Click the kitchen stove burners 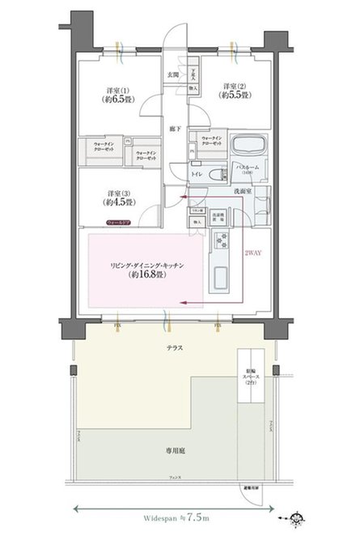coord(222,240)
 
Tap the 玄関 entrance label coord(172,74)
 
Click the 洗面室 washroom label coord(246,191)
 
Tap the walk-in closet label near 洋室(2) coord(212,140)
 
